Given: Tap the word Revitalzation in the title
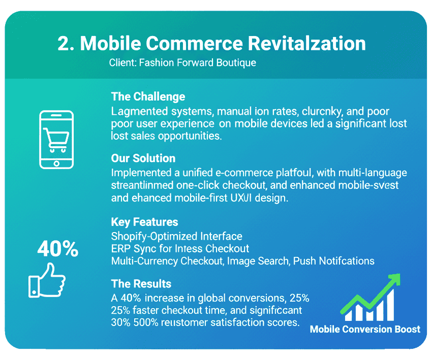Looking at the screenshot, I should coord(307,44).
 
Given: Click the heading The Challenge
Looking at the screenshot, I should coord(148,96).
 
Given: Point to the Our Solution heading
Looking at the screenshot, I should coord(143,158).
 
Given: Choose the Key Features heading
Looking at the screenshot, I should coord(144,222).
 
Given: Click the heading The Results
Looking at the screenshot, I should coord(141,283).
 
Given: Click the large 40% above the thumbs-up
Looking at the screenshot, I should coord(58,249).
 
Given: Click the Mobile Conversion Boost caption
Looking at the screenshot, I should coord(365,329).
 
